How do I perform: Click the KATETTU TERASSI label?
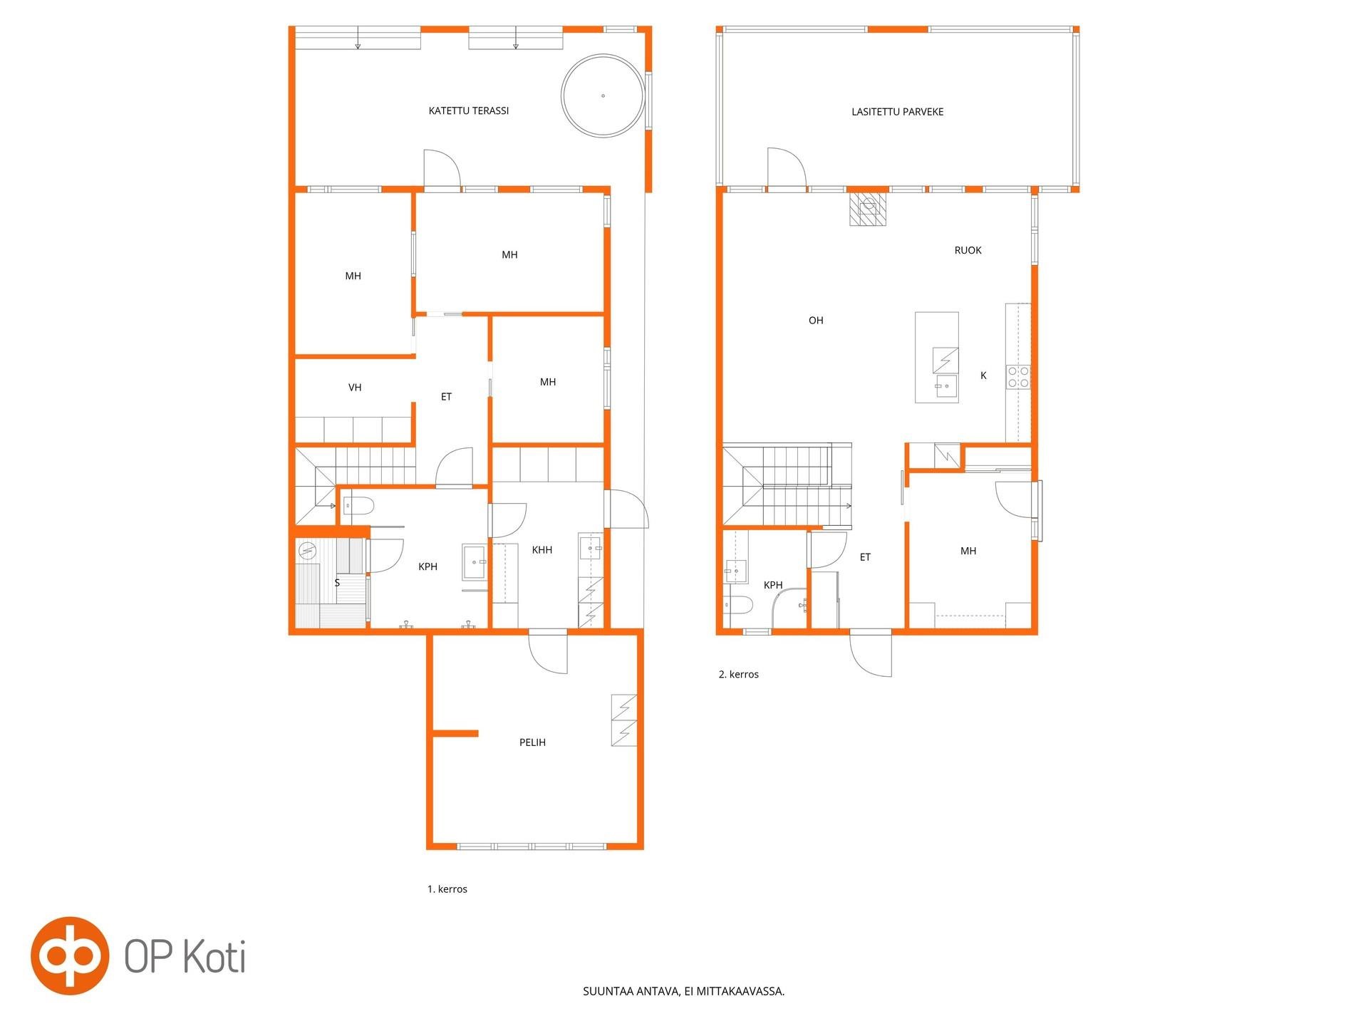pos(469,111)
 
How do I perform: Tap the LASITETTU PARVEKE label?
pos(897,112)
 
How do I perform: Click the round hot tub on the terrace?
pos(603,95)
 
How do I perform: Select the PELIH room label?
pos(532,742)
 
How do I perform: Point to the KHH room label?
pos(542,550)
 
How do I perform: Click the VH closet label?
pos(355,388)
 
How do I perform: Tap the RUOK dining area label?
pos(968,250)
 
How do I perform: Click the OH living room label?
pos(816,321)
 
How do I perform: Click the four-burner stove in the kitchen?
pos(1018,377)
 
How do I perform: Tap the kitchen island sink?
pos(946,388)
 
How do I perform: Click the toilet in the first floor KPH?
pos(359,506)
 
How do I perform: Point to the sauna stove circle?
pos(307,551)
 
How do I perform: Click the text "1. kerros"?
pos(447,889)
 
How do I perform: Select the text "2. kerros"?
pos(739,674)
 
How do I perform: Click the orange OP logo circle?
pos(70,955)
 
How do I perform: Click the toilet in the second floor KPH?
pos(739,606)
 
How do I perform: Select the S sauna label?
pos(337,583)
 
